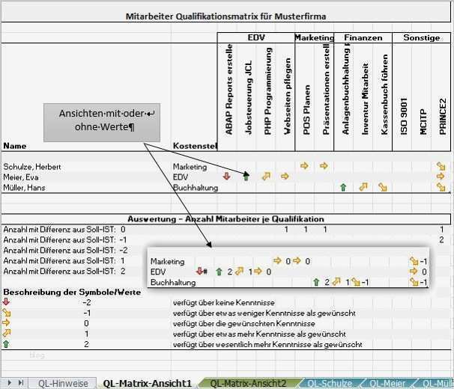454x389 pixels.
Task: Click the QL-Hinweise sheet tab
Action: [63, 383]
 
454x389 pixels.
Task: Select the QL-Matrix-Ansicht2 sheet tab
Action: [247, 383]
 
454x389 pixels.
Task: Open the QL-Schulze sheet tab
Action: [330, 383]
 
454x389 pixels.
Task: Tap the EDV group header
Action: [255, 37]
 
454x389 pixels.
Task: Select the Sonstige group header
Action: [421, 37]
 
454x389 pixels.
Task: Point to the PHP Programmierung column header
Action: [267, 94]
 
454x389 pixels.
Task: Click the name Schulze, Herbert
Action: [32, 166]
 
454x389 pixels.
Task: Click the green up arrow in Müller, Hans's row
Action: [343, 187]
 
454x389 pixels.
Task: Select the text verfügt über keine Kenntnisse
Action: [223, 302]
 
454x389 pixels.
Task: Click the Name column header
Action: [14, 145]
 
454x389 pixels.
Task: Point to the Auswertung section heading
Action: [226, 219]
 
